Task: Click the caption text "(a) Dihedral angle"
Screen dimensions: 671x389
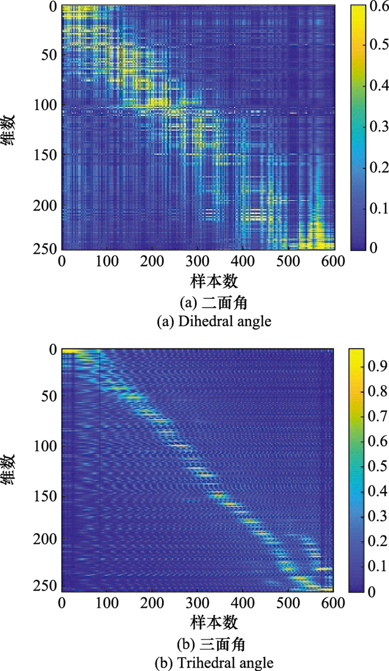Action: coord(198,322)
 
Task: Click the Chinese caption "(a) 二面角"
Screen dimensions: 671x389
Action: coord(198,304)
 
